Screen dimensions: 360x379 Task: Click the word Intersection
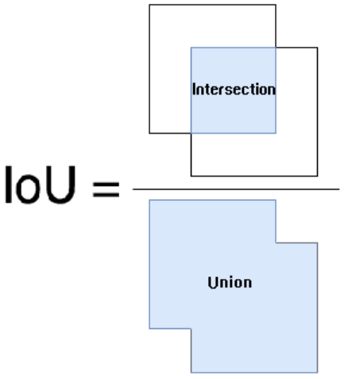[234, 89]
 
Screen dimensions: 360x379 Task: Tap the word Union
[230, 283]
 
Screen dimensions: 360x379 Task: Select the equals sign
[106, 190]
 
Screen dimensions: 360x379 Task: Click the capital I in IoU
[9, 184]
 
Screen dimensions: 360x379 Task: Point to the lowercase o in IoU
[28, 190]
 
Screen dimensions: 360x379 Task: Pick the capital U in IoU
[60, 184]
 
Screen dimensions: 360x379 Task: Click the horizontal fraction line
[236, 189]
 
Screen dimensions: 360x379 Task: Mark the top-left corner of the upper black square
[149, 5]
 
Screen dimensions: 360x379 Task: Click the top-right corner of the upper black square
[276, 5]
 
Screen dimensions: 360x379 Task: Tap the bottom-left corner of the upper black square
[149, 133]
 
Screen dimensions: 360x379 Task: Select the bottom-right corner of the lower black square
[317, 176]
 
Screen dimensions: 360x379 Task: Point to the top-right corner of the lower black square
[317, 48]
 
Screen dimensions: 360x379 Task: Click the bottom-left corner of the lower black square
[191, 176]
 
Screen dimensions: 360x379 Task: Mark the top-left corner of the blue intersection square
[191, 48]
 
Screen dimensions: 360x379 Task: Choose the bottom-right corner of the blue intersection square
[276, 133]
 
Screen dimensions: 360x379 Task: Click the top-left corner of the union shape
[149, 200]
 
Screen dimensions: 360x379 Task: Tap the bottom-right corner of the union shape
[317, 373]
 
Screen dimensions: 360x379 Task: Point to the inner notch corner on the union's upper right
[276, 242]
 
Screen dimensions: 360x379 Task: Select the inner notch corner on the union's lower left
[191, 329]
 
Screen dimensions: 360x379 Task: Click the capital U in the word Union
[212, 283]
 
